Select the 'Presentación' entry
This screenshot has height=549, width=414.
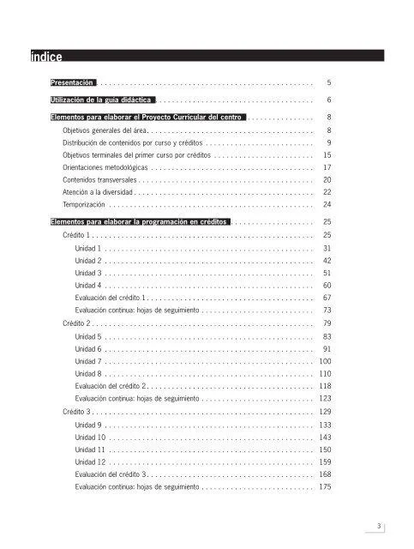click(73, 83)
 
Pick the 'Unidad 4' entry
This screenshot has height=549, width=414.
click(88, 285)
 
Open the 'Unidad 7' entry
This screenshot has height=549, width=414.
click(88, 362)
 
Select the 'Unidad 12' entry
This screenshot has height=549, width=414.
click(90, 462)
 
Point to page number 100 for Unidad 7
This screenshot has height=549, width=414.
click(324, 362)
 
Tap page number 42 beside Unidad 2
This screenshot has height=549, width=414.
click(327, 260)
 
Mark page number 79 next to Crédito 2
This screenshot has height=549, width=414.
click(327, 323)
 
